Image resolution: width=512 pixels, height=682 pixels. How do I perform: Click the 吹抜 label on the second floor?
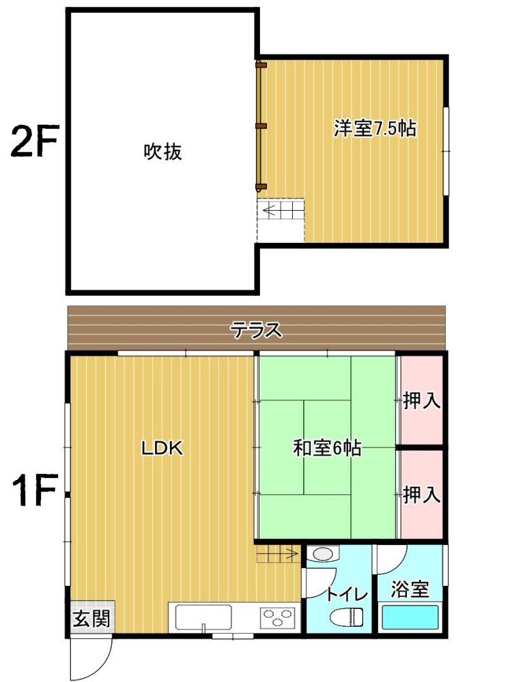162,151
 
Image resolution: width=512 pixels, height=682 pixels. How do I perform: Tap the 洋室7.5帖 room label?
375,128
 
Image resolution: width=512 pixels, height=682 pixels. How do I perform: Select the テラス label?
257,330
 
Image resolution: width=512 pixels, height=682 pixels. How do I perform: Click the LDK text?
162,448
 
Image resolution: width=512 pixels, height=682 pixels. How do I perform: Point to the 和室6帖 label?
327,447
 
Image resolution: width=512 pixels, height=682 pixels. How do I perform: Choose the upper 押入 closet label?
421,400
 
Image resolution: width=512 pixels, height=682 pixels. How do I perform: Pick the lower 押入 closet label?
421,494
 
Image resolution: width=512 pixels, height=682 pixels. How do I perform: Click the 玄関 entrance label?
91,619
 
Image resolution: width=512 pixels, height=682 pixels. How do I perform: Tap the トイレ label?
347,594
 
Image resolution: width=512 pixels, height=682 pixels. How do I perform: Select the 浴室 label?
410,589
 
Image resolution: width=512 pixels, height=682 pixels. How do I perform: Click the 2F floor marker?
34,140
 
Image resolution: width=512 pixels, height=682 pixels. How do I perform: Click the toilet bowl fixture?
347,617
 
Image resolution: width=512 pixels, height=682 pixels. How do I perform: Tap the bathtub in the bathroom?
410,617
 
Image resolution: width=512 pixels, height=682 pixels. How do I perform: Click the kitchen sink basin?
203,617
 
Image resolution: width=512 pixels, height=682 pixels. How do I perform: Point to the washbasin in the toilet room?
323,554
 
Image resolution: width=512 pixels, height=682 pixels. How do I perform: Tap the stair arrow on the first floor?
278,554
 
